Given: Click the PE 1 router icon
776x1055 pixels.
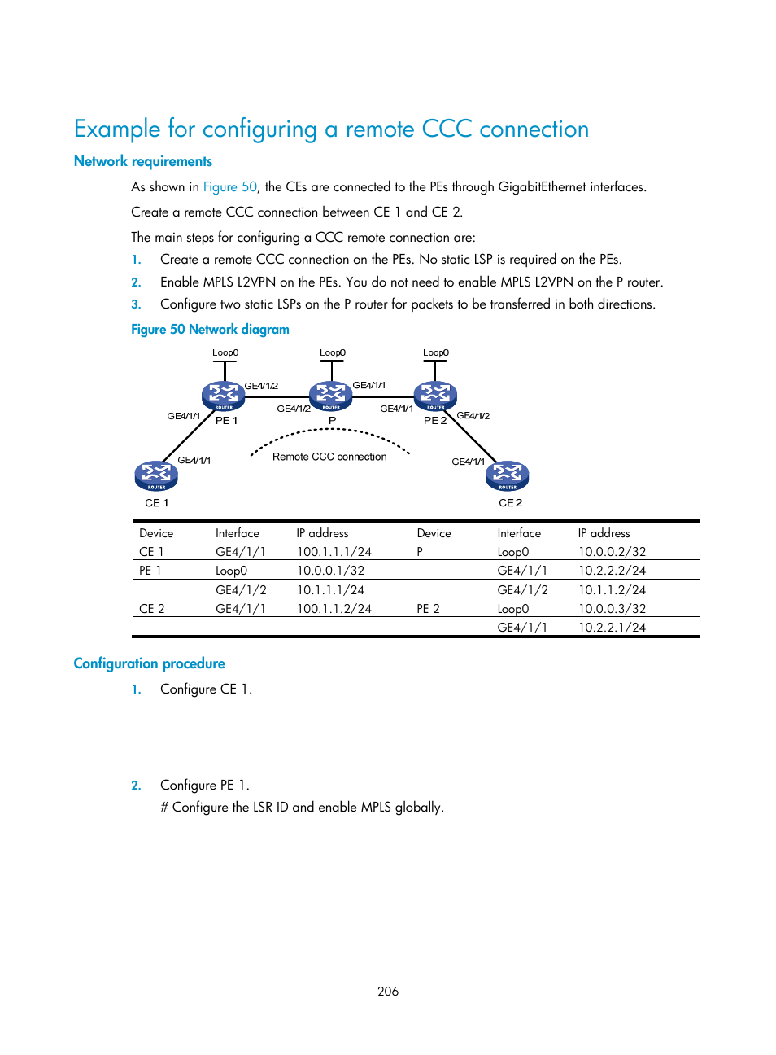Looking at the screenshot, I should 223,396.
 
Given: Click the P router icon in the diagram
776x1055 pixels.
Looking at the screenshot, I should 331,396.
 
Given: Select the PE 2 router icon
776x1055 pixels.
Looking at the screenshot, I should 435,396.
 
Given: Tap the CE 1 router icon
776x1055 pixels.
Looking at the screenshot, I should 156,475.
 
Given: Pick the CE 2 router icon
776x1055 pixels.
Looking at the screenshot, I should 508,475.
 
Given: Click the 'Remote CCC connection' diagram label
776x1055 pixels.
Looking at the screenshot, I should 329,457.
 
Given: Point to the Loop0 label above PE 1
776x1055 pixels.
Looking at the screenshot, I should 225,353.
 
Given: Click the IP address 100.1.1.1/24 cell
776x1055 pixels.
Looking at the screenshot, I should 334,552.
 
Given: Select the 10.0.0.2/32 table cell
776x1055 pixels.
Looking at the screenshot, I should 612,552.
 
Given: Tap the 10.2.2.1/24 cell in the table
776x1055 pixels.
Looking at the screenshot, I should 612,628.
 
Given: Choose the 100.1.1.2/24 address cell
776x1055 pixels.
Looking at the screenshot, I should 334,609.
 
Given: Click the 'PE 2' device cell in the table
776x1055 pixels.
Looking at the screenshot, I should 428,609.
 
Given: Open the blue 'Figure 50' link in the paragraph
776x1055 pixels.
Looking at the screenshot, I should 229,187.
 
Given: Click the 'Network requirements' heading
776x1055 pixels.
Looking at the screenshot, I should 143,161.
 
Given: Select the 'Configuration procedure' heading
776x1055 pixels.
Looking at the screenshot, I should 149,663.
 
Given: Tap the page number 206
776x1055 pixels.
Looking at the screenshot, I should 388,991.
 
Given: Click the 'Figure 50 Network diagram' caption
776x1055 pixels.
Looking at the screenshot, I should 210,330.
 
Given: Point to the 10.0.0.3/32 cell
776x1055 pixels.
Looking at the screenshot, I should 612,609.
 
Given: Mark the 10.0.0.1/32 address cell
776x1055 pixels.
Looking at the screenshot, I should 330,571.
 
